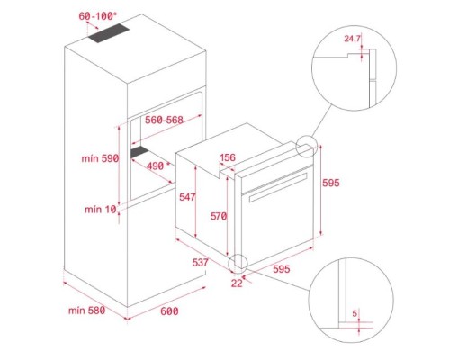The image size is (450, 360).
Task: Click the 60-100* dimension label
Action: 97,16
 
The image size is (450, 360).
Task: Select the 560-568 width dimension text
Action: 164,120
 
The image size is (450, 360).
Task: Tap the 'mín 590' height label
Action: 100,158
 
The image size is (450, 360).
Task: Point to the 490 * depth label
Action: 158,166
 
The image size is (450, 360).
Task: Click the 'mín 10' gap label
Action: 101,209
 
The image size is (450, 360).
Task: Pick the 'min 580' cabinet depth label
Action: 86,310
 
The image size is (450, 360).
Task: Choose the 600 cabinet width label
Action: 169,311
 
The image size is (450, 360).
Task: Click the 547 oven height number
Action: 187,197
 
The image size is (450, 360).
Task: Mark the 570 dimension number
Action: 219,216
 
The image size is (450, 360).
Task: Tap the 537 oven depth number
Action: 200,262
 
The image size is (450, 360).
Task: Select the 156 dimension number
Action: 228,157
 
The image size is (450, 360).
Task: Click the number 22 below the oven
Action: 237,283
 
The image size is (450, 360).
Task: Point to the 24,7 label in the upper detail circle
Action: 352,39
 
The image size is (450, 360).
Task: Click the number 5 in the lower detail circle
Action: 355,313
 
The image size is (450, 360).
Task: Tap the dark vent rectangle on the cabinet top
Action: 109,33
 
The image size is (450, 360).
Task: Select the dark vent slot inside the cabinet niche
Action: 139,152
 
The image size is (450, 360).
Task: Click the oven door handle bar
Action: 278,187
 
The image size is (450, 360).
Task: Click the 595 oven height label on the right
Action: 331,183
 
